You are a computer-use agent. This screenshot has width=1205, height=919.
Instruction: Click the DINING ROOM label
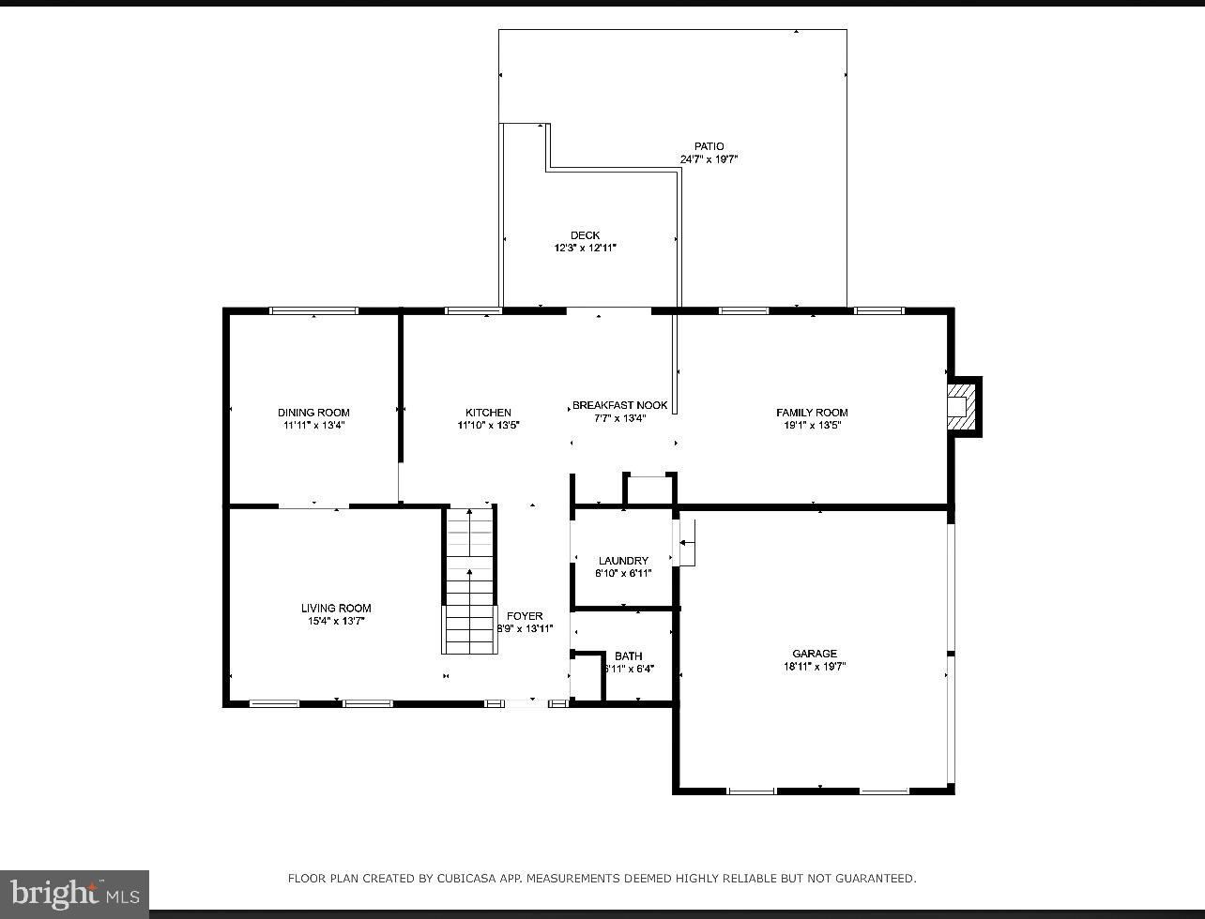pos(313,413)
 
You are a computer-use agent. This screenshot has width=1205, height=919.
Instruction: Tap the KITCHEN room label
pos(488,413)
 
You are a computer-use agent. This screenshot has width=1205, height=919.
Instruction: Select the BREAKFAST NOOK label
pos(619,405)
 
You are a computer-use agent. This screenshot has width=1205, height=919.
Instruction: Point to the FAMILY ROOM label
pos(812,413)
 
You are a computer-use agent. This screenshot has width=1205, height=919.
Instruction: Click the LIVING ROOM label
pos(336,608)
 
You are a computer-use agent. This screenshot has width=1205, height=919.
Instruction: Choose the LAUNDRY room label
pos(623,561)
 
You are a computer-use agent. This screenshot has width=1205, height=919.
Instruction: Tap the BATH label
pos(628,655)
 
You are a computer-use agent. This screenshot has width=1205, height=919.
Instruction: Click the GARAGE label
pos(814,654)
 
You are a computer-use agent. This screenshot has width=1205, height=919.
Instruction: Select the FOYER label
pos(525,616)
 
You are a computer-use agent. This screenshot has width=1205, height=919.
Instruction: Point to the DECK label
pos(585,235)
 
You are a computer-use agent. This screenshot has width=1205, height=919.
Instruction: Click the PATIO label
pos(709,146)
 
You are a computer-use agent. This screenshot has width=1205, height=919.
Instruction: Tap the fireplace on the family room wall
pos(960,407)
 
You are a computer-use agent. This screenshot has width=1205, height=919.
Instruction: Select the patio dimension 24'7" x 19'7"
pos(709,159)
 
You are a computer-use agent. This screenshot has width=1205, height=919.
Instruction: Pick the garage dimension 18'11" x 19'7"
pos(814,667)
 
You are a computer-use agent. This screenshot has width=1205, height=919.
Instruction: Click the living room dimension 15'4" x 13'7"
pos(336,621)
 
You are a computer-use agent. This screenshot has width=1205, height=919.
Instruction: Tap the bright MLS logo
pos(74,894)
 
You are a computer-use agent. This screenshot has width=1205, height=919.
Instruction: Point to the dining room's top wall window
pos(313,310)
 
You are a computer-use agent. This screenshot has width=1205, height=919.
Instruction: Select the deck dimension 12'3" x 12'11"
pos(585,249)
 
